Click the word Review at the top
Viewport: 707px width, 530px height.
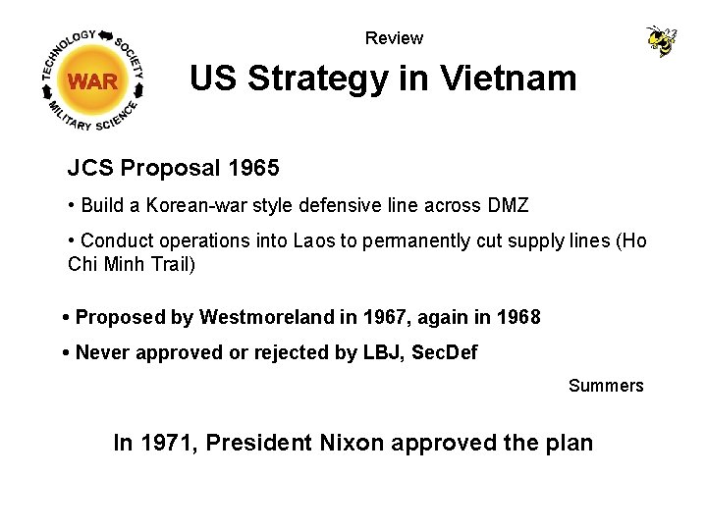394,38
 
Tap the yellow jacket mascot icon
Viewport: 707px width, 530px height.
661,40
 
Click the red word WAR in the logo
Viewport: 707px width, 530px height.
93,81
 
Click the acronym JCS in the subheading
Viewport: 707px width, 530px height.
89,169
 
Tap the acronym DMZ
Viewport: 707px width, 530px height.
507,205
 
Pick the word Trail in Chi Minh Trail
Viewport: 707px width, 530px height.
173,264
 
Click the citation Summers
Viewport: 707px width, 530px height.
606,386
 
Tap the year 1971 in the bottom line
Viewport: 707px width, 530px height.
168,443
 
